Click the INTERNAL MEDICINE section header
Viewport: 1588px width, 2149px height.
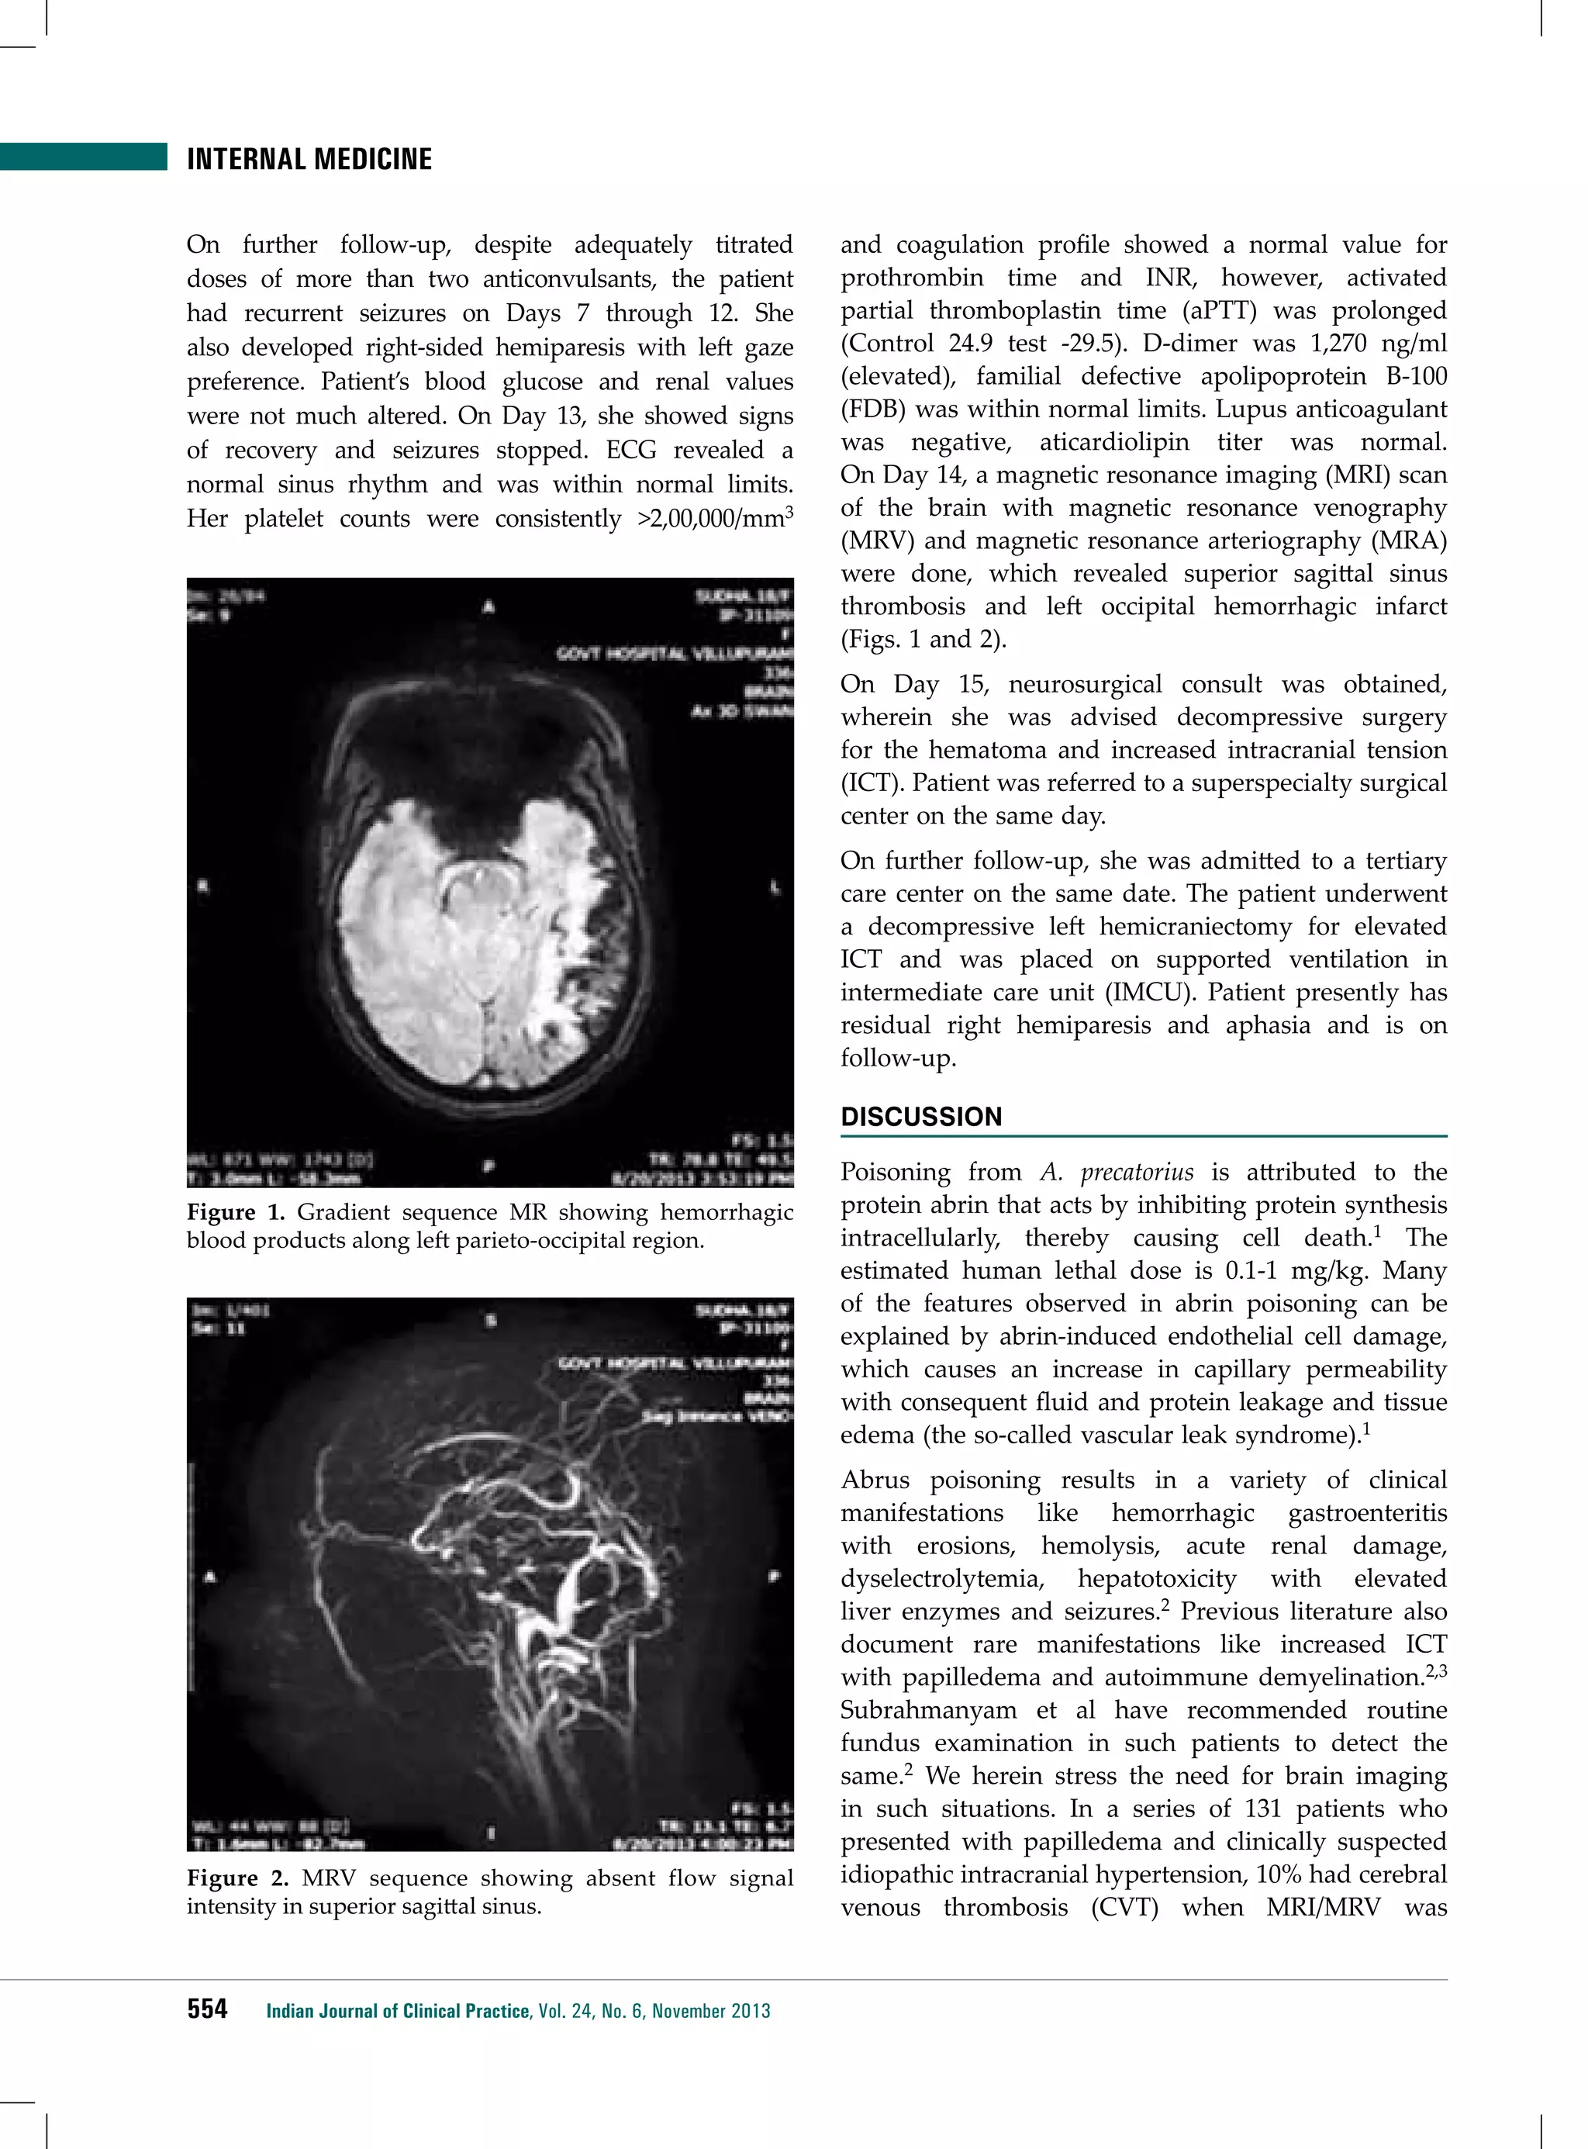coord(309,159)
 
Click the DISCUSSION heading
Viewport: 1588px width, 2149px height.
coord(921,1116)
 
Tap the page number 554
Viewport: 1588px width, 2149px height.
coord(207,2009)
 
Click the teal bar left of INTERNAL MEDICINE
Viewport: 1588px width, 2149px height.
coord(84,157)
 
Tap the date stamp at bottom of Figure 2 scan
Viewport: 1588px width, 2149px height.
coord(702,1843)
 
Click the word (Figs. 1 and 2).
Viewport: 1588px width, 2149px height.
coord(923,639)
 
